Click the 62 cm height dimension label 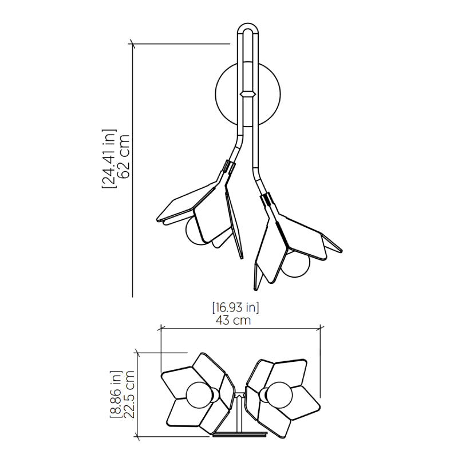(123, 156)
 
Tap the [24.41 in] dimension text (109, 159)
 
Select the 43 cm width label (234, 321)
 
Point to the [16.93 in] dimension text (235, 307)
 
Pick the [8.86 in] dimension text (116, 394)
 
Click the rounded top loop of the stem (248, 29)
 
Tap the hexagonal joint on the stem (248, 94)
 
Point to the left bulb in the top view (200, 395)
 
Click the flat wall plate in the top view (239, 435)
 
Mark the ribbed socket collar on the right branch (267, 200)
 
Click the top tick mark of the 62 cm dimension (133, 44)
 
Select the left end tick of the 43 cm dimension (161, 328)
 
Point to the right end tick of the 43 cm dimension (321, 328)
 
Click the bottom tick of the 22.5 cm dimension (137, 437)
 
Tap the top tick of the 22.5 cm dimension (137, 353)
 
